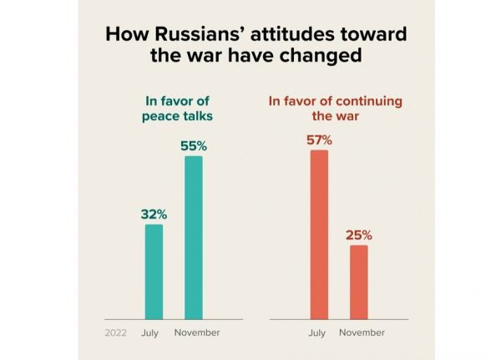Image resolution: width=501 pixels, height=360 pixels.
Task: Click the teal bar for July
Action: pyautogui.click(x=154, y=271)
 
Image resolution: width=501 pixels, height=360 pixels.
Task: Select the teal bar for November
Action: pyautogui.click(x=193, y=237)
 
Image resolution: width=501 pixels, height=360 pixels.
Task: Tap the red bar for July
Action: pyautogui.click(x=318, y=235)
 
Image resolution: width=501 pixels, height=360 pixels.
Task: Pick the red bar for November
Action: pyautogui.click(x=358, y=281)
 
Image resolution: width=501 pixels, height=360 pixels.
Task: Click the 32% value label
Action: pyautogui.click(x=153, y=214)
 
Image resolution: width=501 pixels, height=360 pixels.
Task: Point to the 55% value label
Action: pyautogui.click(x=193, y=146)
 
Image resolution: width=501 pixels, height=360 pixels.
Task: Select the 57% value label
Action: pyautogui.click(x=318, y=139)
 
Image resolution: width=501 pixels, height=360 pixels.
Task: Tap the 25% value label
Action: pyautogui.click(x=359, y=235)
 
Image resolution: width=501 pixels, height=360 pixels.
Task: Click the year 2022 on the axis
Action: pyautogui.click(x=116, y=332)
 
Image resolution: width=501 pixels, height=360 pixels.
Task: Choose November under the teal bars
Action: pyautogui.click(x=197, y=332)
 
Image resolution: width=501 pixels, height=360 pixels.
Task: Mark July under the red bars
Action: pyautogui.click(x=317, y=332)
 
